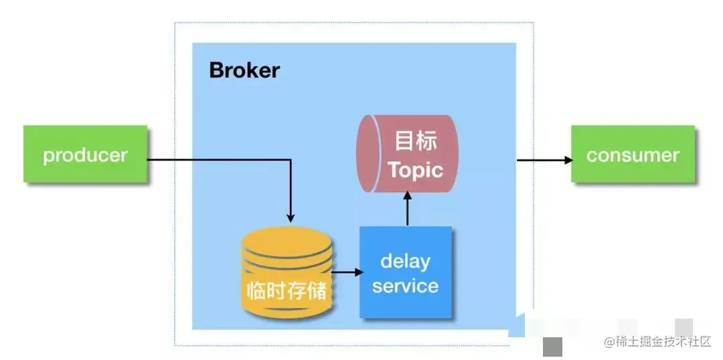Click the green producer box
(85, 154)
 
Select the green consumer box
(633, 154)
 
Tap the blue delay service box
(406, 272)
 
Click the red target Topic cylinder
(406, 155)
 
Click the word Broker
(244, 70)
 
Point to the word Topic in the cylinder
(415, 169)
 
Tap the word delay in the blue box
(405, 260)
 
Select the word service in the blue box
(405, 286)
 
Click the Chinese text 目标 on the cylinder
(416, 141)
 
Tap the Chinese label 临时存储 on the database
(287, 292)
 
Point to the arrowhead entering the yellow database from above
(291, 217)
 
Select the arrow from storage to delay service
(347, 272)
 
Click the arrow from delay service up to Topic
(407, 209)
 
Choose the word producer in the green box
(85, 155)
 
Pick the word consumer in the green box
(633, 155)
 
